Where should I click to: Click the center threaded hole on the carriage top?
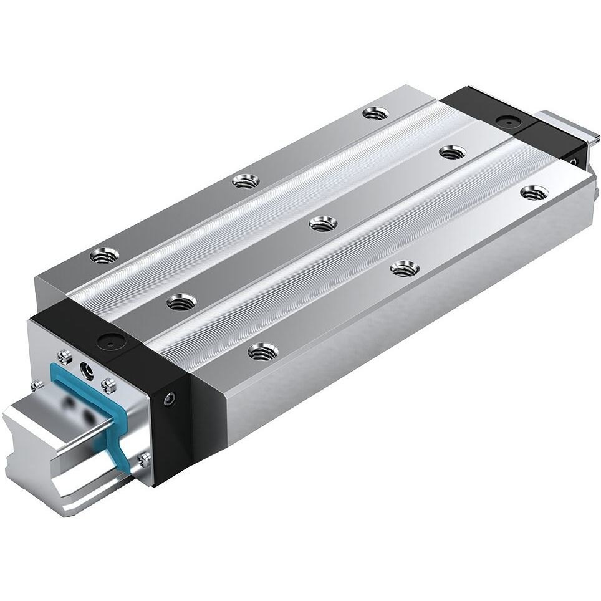[x=323, y=223]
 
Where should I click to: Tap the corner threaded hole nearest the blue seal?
[x=104, y=254]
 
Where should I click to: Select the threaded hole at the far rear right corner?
[x=534, y=193]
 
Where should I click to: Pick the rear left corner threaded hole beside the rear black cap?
[x=376, y=113]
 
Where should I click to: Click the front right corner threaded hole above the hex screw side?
[x=262, y=351]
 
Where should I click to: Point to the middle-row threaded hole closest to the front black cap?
[x=182, y=302]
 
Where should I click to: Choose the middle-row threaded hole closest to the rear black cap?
[x=453, y=151]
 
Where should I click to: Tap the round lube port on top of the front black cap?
[x=112, y=342]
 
